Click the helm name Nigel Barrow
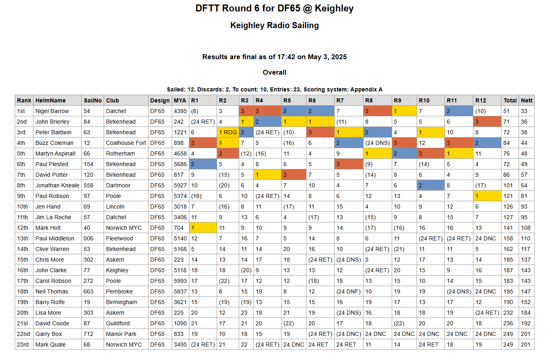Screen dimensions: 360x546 click(52, 111)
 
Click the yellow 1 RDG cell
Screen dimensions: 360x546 click(228, 132)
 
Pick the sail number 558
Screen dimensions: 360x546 click(89, 185)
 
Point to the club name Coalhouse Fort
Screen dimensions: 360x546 click(126, 143)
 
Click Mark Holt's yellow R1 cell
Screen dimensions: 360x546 click(202, 228)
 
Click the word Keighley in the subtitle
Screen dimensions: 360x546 click(247, 25)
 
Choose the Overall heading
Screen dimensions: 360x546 click(274, 72)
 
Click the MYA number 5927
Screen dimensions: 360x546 click(180, 185)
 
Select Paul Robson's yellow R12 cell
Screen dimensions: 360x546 click(487, 196)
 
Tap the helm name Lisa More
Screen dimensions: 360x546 click(48, 313)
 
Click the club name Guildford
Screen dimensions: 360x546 click(119, 323)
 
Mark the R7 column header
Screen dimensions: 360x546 click(340, 100)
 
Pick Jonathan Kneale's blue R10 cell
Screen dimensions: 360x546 click(430, 185)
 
